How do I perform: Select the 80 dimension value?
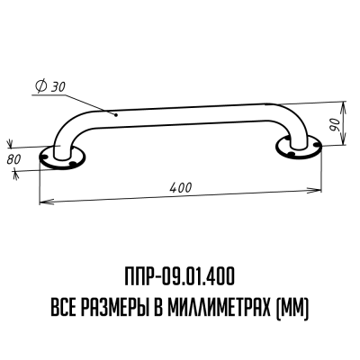(x=13, y=159)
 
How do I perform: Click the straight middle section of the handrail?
(x=180, y=118)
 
